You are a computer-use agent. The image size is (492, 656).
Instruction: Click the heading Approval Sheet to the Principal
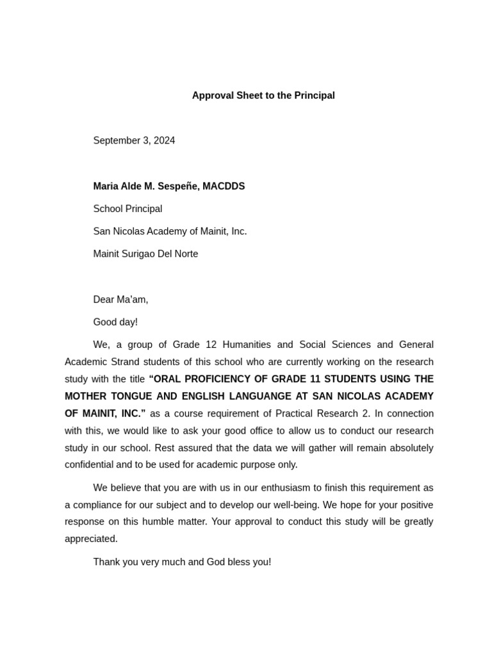pos(263,95)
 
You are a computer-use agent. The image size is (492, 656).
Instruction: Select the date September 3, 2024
pos(134,140)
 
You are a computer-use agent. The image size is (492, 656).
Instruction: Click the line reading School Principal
pos(127,209)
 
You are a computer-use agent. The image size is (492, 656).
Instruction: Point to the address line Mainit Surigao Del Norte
pos(145,254)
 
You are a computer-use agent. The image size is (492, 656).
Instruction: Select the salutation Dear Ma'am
pos(120,299)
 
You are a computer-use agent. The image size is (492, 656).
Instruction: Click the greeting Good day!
pos(115,322)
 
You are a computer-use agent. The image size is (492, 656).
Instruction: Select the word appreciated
pos(91,539)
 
